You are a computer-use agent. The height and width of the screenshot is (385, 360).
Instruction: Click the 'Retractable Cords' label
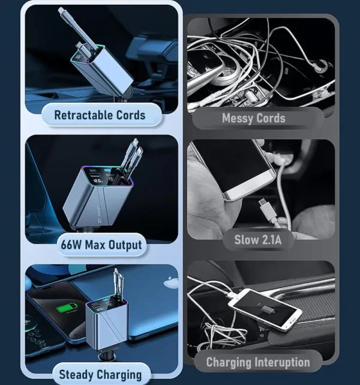pyautogui.click(x=100, y=114)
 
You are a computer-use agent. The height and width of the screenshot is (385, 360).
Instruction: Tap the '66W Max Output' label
pyautogui.click(x=101, y=244)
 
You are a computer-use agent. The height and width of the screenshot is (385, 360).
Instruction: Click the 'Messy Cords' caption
pyautogui.click(x=254, y=118)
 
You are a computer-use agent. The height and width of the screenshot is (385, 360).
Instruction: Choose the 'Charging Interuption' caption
pyautogui.click(x=258, y=362)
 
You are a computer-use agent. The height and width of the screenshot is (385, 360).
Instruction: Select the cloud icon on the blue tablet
pyautogui.click(x=171, y=279)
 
